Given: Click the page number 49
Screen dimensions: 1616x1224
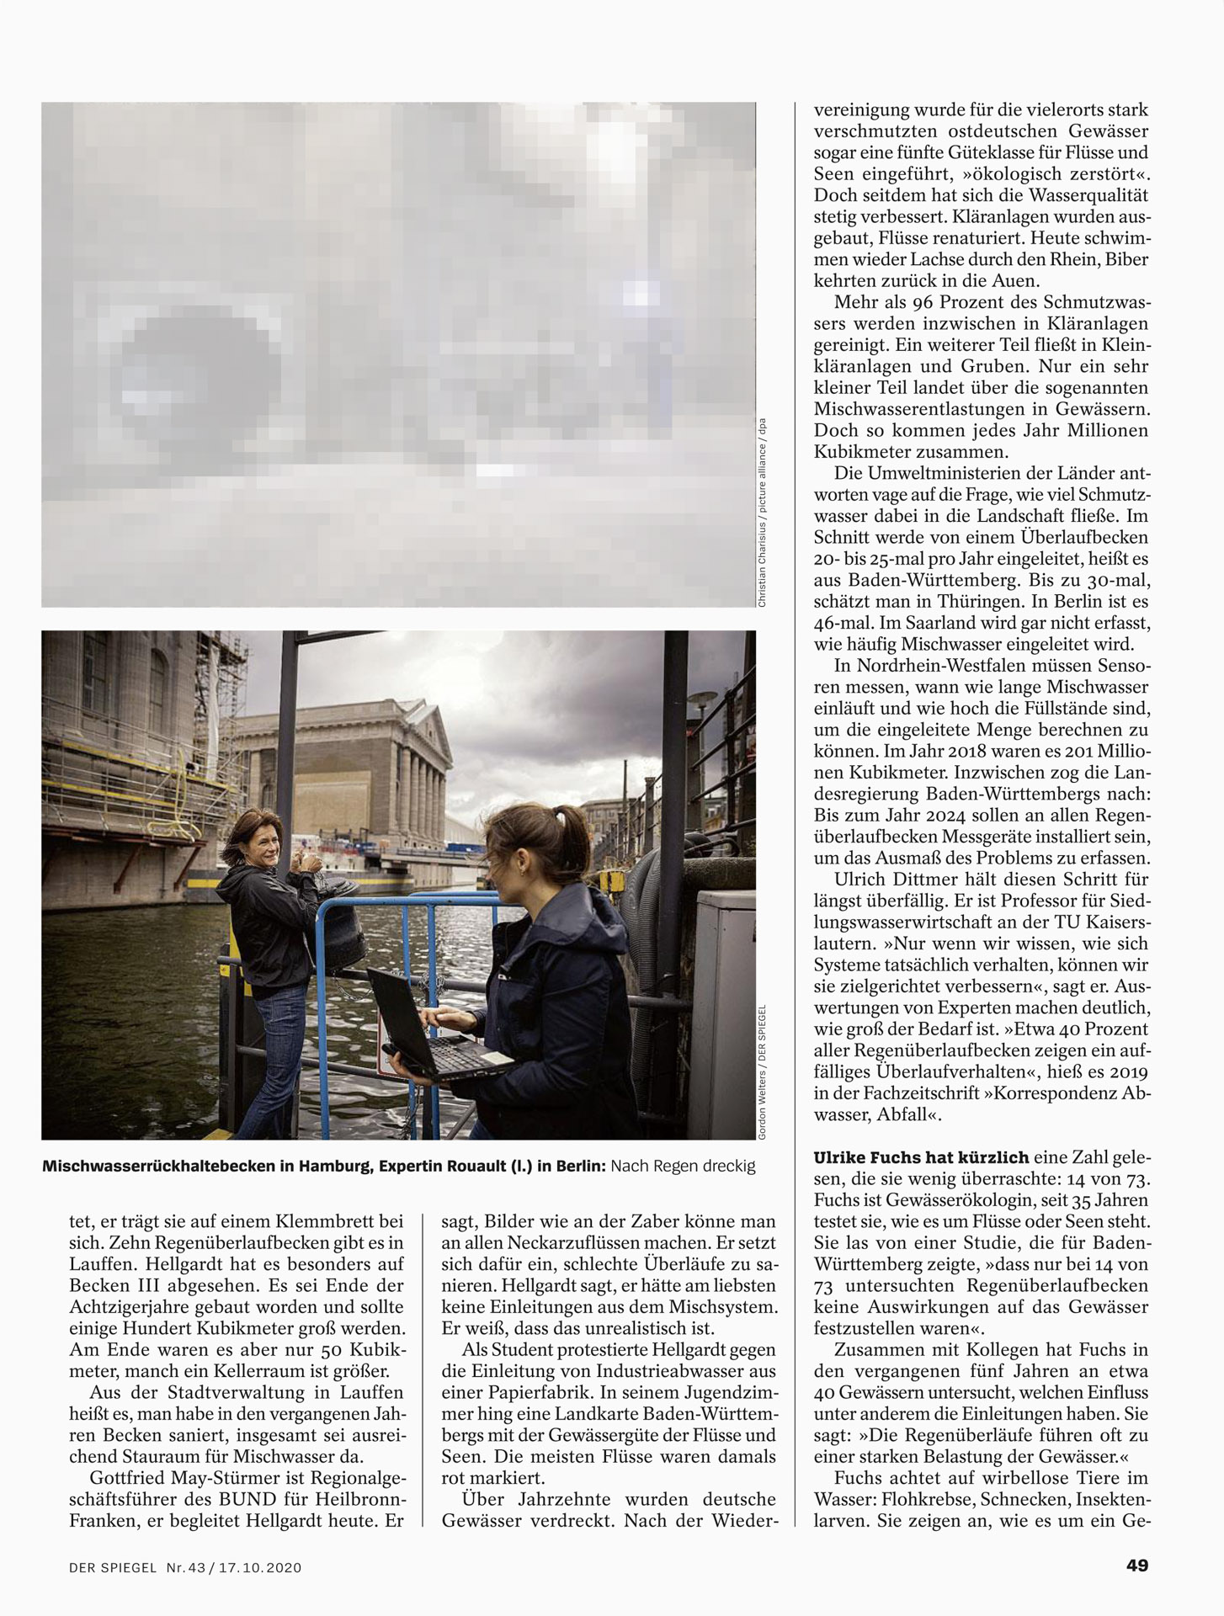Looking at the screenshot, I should click(x=1136, y=1565).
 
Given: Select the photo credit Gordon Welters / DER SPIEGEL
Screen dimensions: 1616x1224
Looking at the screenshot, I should click(x=762, y=1072).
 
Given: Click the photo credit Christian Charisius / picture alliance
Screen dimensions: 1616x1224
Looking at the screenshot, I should click(x=763, y=513).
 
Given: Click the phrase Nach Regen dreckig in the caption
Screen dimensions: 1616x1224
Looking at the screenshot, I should click(x=683, y=1167).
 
